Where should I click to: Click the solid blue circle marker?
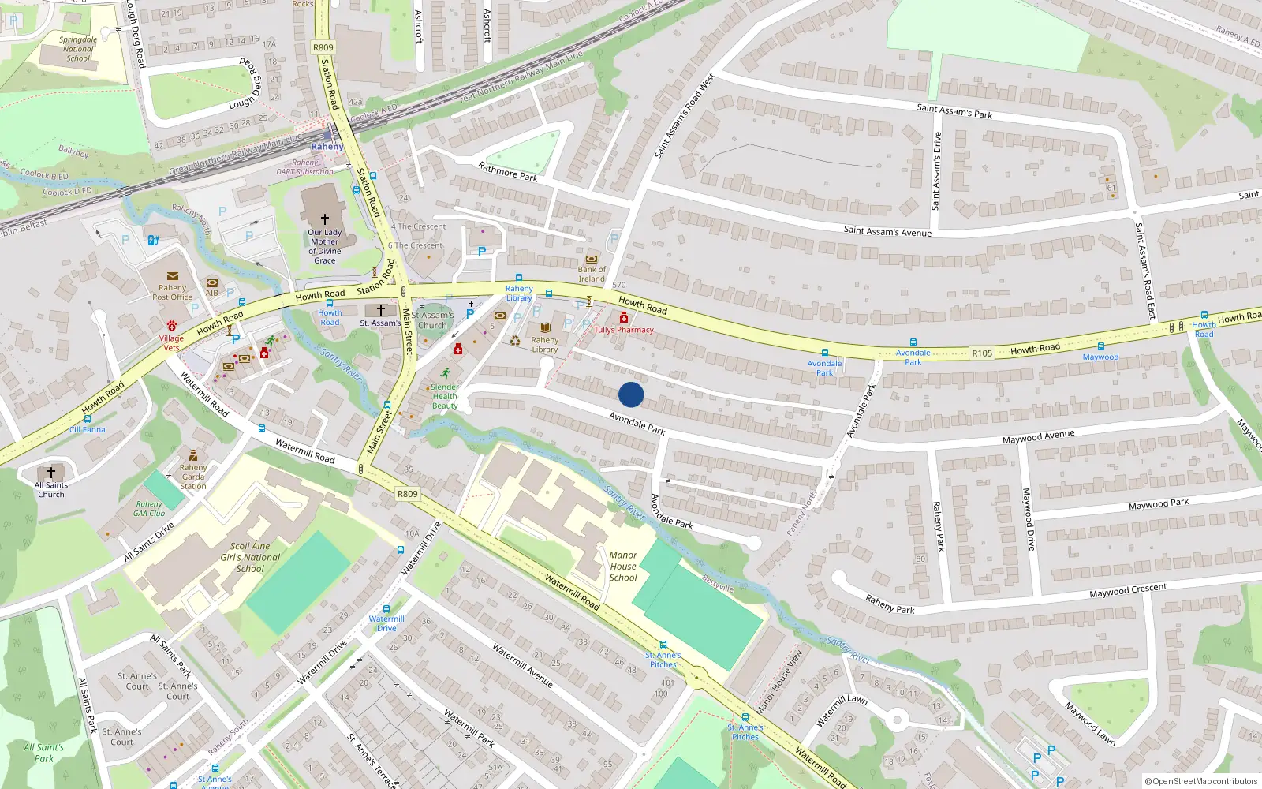click(x=631, y=394)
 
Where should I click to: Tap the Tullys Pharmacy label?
click(x=624, y=330)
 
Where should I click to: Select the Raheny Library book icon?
click(x=544, y=327)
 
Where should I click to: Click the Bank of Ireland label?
click(x=592, y=274)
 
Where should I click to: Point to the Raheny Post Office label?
click(x=172, y=293)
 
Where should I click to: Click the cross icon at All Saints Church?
click(x=51, y=473)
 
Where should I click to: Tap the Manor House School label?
click(x=623, y=567)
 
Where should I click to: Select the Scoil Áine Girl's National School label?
click(x=250, y=557)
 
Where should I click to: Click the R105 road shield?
click(x=982, y=353)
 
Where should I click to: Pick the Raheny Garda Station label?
click(x=193, y=477)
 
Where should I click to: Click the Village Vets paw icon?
click(x=171, y=326)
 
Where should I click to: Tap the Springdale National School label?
click(x=78, y=49)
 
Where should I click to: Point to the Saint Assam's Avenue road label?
click(x=887, y=231)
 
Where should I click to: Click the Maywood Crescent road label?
click(x=1127, y=590)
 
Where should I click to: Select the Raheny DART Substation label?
click(x=305, y=167)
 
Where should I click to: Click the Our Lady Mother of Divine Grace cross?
click(x=324, y=219)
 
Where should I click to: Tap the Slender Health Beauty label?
click(x=445, y=396)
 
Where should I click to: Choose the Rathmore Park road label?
click(x=508, y=171)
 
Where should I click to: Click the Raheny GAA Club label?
click(x=149, y=509)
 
